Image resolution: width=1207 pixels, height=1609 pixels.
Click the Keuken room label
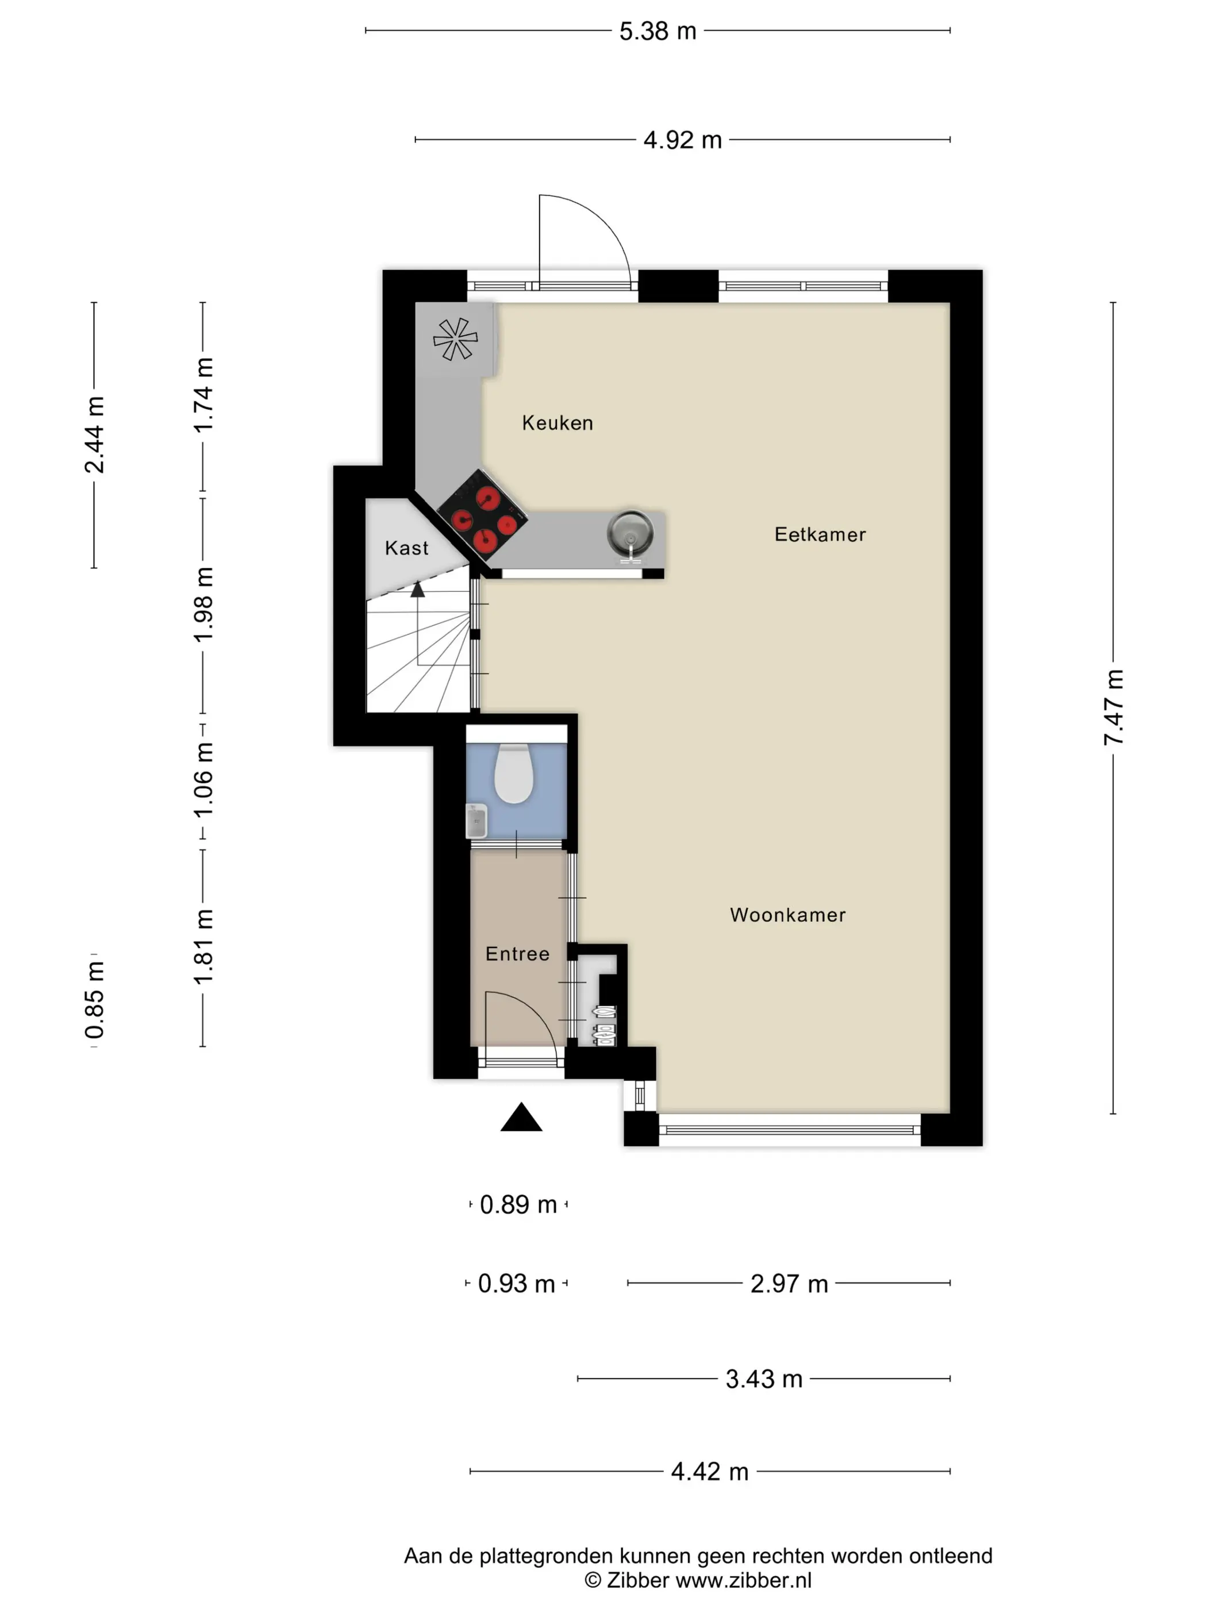pyautogui.click(x=558, y=422)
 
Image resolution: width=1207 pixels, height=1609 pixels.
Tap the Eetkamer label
pyautogui.click(x=820, y=534)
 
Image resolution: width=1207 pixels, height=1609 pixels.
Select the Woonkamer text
pyautogui.click(x=788, y=915)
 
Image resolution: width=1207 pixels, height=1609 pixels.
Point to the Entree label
pyautogui.click(x=517, y=953)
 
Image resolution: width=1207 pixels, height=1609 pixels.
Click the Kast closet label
pyautogui.click(x=407, y=548)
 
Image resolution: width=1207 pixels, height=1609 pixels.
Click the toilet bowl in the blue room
pyautogui.click(x=514, y=774)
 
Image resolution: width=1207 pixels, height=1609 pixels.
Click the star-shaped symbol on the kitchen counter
pyautogui.click(x=455, y=339)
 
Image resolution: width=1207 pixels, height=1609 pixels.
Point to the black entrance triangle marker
pyautogui.click(x=521, y=1117)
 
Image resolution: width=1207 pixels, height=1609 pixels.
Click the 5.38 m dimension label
pyautogui.click(x=658, y=31)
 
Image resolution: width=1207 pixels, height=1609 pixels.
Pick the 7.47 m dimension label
pyautogui.click(x=1114, y=707)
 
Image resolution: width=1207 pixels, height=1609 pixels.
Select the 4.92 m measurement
pyautogui.click(x=682, y=140)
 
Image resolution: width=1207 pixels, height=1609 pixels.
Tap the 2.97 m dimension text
pyautogui.click(x=789, y=1284)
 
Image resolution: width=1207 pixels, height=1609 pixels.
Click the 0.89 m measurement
pyautogui.click(x=518, y=1204)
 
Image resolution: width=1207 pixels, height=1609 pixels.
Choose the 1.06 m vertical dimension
pyautogui.click(x=203, y=779)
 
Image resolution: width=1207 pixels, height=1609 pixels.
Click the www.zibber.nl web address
pyautogui.click(x=744, y=1580)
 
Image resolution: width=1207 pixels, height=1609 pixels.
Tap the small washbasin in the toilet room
pyautogui.click(x=476, y=821)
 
